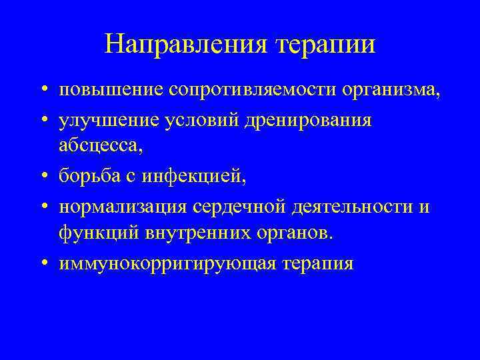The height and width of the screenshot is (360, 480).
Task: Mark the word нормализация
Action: pyautogui.click(x=124, y=207)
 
